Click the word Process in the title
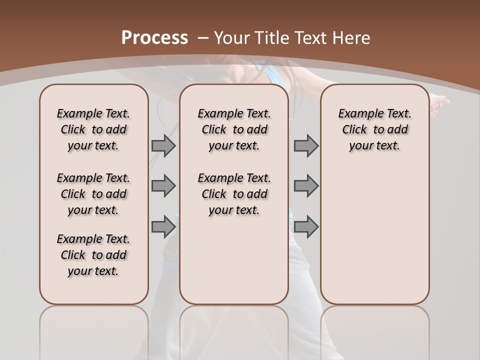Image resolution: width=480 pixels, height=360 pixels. tap(155, 37)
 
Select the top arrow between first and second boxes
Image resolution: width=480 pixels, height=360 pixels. tap(163, 145)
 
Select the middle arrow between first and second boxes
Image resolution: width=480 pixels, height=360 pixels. tap(163, 186)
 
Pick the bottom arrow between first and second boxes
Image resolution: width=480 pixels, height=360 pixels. tap(163, 226)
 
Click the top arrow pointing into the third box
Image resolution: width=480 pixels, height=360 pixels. tap(306, 145)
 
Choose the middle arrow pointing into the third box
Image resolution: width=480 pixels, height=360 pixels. tap(306, 186)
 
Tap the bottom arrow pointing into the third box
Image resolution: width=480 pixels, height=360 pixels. tap(306, 226)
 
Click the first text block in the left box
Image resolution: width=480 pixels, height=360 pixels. tap(93, 129)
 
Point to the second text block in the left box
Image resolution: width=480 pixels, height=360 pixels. tap(93, 194)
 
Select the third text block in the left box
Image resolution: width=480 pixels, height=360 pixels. tap(93, 255)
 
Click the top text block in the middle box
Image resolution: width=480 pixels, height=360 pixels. tap(234, 129)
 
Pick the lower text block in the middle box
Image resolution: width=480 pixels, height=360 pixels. tap(234, 194)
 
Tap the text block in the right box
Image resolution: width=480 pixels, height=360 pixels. tap(375, 129)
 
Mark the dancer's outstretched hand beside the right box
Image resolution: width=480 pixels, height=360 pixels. tap(440, 102)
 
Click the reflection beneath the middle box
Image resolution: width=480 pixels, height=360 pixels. tap(234, 330)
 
